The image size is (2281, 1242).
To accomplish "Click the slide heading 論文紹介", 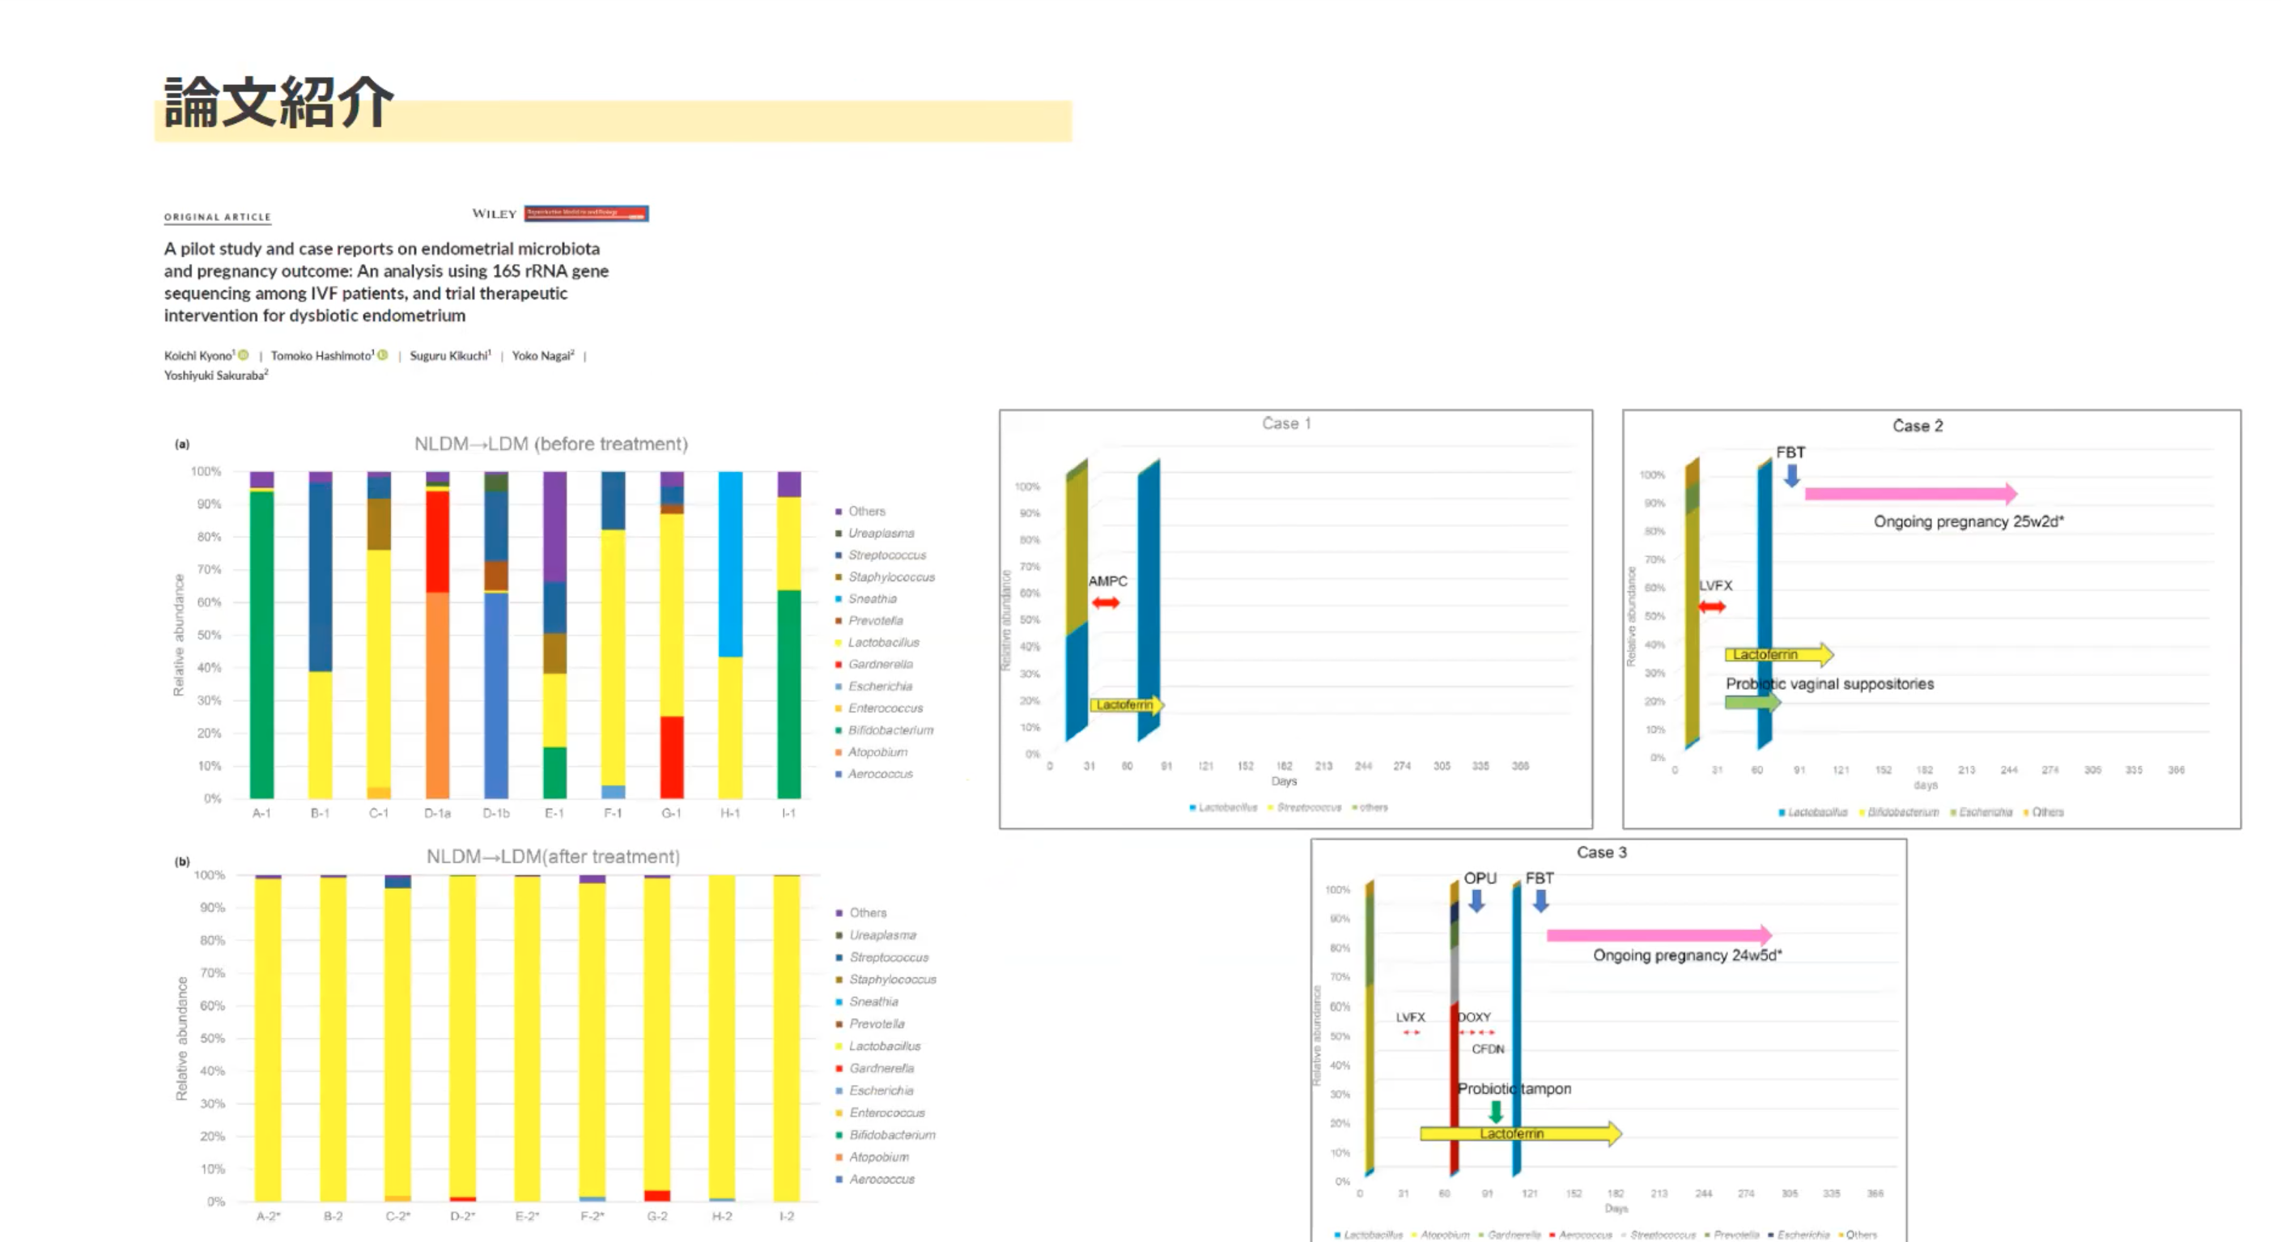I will [x=278, y=103].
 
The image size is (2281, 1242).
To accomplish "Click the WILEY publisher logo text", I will [x=494, y=214].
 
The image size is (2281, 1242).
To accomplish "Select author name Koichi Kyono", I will [x=198, y=355].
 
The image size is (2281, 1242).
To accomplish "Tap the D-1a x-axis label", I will [x=436, y=813].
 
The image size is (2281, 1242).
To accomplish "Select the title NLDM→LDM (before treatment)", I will [x=550, y=444].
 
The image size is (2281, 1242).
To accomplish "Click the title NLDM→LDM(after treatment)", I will [x=553, y=857].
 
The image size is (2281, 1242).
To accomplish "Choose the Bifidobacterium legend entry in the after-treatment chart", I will [x=891, y=1135].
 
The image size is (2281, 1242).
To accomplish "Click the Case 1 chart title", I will [x=1285, y=423].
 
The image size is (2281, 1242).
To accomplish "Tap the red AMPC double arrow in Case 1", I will [x=1105, y=603].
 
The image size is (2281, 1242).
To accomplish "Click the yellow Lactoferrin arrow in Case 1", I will [x=1125, y=705].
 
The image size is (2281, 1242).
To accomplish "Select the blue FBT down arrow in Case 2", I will [x=1791, y=476].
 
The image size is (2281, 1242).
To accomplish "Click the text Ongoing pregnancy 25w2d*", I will [x=1968, y=521].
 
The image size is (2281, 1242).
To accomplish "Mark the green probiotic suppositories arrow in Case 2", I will [x=1752, y=703].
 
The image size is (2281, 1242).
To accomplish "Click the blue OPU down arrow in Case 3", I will [x=1476, y=901].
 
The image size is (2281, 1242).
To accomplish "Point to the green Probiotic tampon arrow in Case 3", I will [x=1496, y=1111].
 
